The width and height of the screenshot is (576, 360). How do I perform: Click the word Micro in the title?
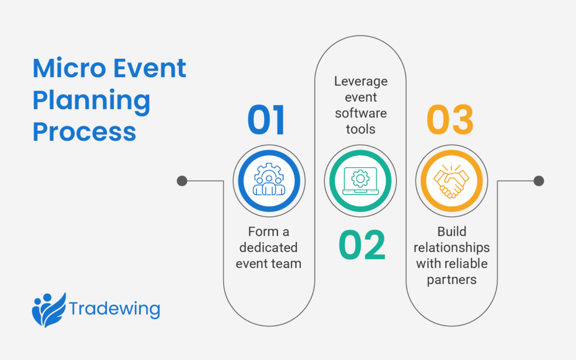pos(68,69)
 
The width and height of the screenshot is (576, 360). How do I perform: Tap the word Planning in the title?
pos(91,101)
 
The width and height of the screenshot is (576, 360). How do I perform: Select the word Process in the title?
pos(84,132)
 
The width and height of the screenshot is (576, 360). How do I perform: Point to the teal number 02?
pos(362,245)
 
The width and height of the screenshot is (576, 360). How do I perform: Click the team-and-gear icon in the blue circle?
pos(268,181)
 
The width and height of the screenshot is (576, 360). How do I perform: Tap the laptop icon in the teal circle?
pos(360,181)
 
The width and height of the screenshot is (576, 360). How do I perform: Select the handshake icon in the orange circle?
pos(451,181)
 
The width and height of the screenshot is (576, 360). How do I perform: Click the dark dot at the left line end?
pos(181,181)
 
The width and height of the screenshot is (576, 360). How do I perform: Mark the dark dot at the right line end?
pos(538,181)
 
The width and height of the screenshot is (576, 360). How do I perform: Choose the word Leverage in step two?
pos(361,81)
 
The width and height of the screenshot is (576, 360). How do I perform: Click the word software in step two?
pos(361,113)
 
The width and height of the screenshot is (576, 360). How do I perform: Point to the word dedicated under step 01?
pos(268,248)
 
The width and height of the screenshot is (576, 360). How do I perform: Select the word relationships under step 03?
pos(452,248)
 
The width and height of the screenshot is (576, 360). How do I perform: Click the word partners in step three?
pos(452,280)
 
